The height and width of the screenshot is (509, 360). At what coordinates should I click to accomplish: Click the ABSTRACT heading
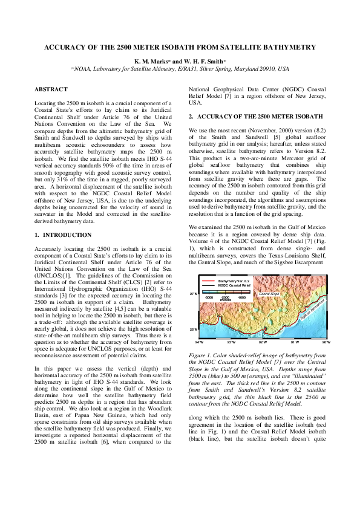[51, 89]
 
